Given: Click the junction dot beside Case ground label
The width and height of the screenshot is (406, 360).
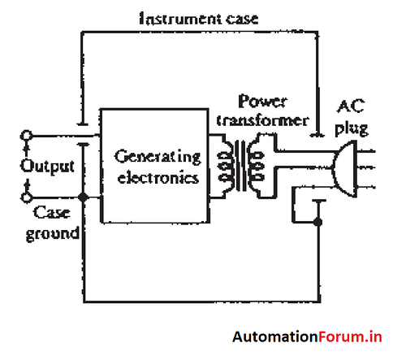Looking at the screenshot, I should coord(84,197).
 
